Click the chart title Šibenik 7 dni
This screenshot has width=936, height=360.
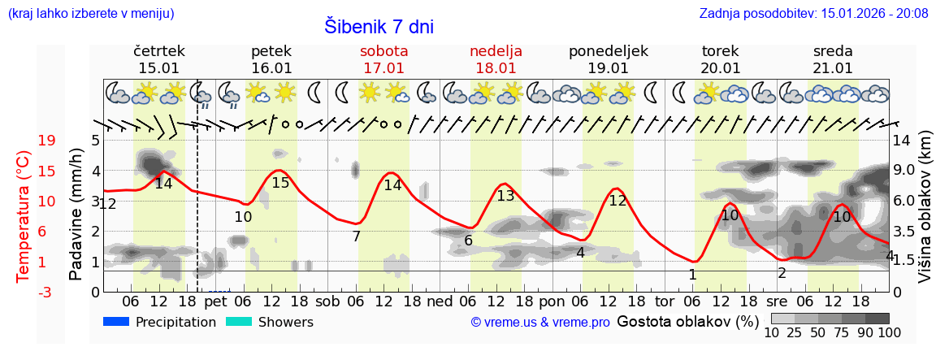pos(379,26)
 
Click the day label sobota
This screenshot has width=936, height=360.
pos(384,51)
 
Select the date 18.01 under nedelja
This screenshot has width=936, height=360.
pos(496,68)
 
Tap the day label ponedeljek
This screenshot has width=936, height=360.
pos(609,51)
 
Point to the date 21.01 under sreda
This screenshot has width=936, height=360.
pos(833,68)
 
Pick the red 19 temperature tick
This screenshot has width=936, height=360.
pos(24,141)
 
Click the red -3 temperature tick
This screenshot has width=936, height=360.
pos(24,292)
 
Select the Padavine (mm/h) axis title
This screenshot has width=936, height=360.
pos(76,215)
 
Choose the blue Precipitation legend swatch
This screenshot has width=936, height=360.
pos(117,322)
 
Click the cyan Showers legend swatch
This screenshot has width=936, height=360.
pos(239,322)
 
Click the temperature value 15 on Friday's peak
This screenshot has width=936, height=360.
pos(280,183)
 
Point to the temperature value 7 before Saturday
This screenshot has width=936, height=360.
pos(356,236)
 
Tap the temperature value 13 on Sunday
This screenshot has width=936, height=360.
pos(505,195)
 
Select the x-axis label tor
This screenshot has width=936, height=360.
pos(665,301)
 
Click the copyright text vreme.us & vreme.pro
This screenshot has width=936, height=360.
pos(540,323)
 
